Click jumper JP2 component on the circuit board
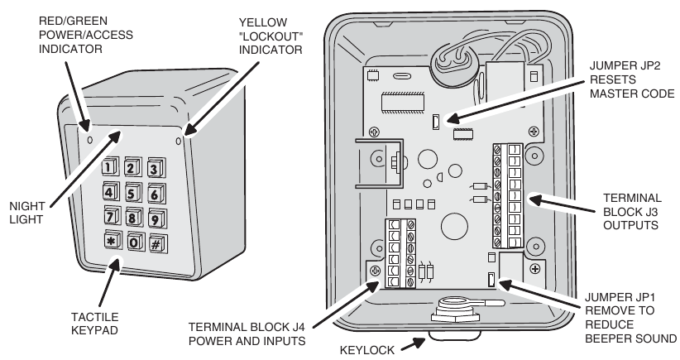(435, 124)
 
